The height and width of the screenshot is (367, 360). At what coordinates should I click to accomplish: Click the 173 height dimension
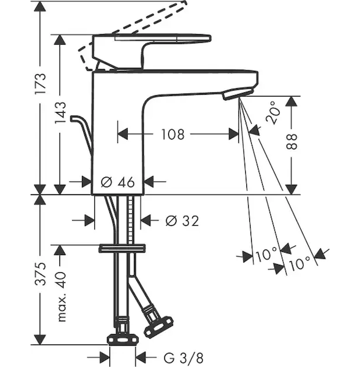click(40, 84)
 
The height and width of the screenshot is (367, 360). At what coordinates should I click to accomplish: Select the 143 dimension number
click(60, 113)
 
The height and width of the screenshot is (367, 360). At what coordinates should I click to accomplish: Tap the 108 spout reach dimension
click(173, 135)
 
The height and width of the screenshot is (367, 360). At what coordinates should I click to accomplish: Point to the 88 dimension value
click(292, 142)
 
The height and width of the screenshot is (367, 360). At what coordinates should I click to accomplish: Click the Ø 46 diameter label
click(118, 182)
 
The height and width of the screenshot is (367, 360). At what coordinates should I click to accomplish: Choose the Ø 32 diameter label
click(182, 221)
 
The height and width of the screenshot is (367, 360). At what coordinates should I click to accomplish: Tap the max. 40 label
click(61, 297)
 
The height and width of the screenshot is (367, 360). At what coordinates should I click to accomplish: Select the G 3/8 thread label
click(183, 358)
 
